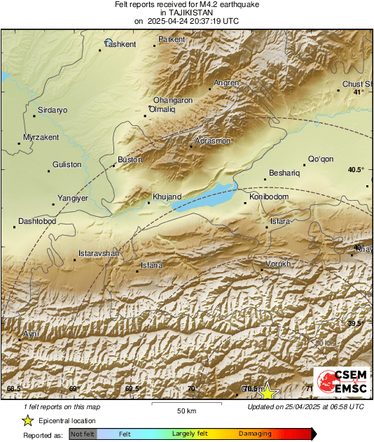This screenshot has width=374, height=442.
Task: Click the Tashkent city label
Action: pos(120,45)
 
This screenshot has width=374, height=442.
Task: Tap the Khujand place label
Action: pos(167,197)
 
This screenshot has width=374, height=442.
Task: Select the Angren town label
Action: pos(226,83)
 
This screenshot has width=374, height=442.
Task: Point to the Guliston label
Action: pos(67,165)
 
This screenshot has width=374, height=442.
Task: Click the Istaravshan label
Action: pos(99,252)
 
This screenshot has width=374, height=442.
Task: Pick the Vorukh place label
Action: pos(277,264)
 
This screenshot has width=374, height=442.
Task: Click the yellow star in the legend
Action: pos(27,421)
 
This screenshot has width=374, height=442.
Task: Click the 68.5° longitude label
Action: pos(15,389)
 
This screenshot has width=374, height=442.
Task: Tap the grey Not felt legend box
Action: pos(83,434)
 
